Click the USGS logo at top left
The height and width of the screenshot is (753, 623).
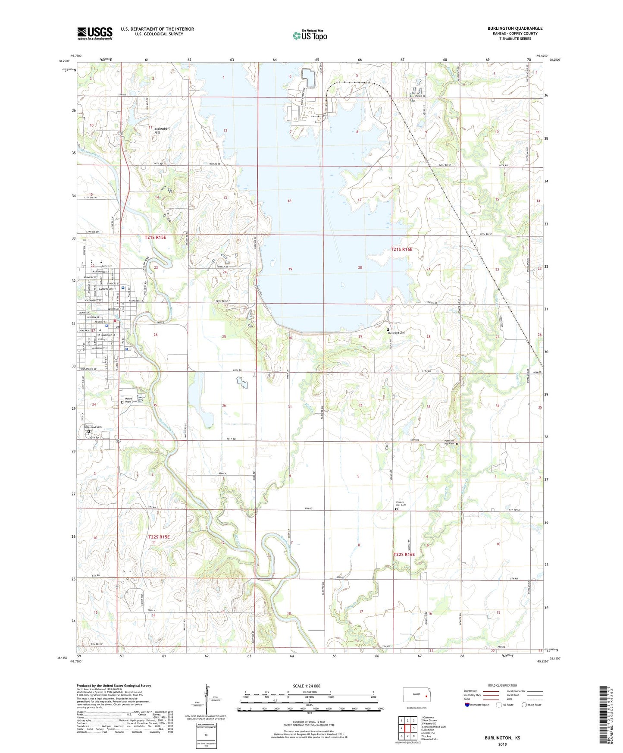click(x=94, y=33)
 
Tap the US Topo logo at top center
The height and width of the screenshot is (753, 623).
click(x=310, y=35)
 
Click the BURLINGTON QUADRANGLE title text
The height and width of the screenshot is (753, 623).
click(x=515, y=28)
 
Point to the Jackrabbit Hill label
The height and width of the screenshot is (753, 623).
click(x=162, y=131)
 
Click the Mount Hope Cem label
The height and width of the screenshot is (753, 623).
click(x=131, y=400)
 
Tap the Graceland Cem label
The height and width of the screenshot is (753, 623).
click(x=93, y=427)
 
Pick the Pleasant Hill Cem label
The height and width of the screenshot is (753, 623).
click(x=449, y=442)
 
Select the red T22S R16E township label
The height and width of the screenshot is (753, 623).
click(x=404, y=554)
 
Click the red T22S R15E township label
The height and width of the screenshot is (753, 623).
click(x=159, y=537)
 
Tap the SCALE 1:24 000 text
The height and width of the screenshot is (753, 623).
click(x=307, y=686)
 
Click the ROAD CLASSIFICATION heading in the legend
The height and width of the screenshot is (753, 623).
click(x=502, y=685)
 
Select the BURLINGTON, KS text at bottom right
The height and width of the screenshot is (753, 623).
click(x=502, y=738)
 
